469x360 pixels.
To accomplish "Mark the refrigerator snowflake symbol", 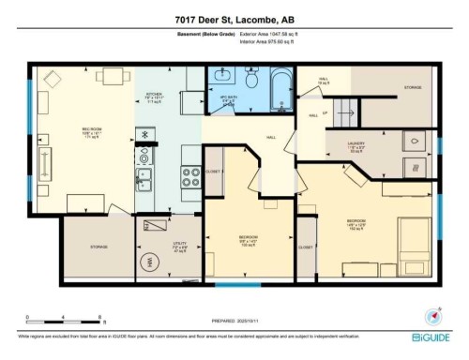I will coord(145,134).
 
